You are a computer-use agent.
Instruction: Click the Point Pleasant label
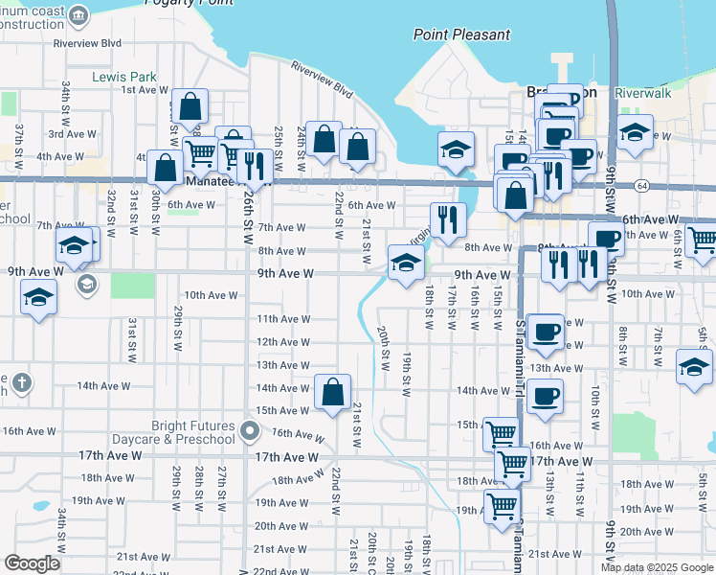(461, 34)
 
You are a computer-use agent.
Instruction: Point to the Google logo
(33, 563)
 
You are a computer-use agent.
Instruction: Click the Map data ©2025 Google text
(657, 567)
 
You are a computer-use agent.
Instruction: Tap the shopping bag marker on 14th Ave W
(332, 391)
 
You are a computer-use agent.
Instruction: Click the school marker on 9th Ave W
(406, 262)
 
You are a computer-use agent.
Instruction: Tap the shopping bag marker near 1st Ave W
(190, 106)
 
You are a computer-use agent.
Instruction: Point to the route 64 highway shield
(640, 185)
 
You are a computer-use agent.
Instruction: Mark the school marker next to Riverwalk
(635, 133)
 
